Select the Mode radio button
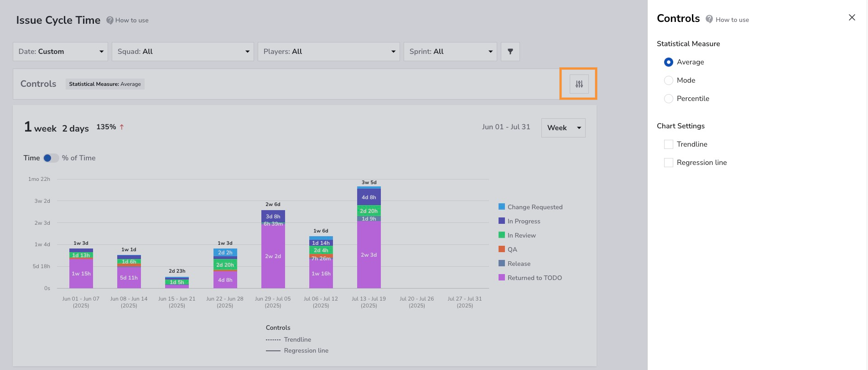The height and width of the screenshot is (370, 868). tap(669, 80)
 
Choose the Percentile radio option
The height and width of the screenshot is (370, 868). tap(669, 99)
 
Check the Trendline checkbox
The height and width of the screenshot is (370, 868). tap(669, 144)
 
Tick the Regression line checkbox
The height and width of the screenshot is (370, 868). tap(669, 163)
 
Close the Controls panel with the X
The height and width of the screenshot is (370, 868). tap(852, 17)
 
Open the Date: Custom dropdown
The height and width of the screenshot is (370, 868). tap(60, 52)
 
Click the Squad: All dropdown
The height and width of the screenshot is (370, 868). tap(183, 52)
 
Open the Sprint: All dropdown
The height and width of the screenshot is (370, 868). tap(450, 52)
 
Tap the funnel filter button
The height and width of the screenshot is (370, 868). tap(510, 52)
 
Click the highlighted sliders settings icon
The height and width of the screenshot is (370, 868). tap(579, 84)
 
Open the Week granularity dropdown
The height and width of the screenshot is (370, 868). tap(563, 128)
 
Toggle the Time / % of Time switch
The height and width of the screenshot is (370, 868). tap(51, 158)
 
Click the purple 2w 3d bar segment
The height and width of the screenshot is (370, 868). tap(369, 255)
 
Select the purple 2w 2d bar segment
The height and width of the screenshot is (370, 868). tap(273, 256)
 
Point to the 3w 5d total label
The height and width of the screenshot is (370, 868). tap(369, 182)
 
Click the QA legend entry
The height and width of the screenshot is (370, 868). tap(508, 249)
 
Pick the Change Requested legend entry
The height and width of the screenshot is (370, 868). tap(530, 207)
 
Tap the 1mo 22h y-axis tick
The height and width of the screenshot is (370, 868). tap(39, 179)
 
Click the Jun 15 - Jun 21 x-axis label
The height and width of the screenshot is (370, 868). tap(177, 302)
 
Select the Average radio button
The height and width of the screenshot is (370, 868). tap(669, 62)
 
